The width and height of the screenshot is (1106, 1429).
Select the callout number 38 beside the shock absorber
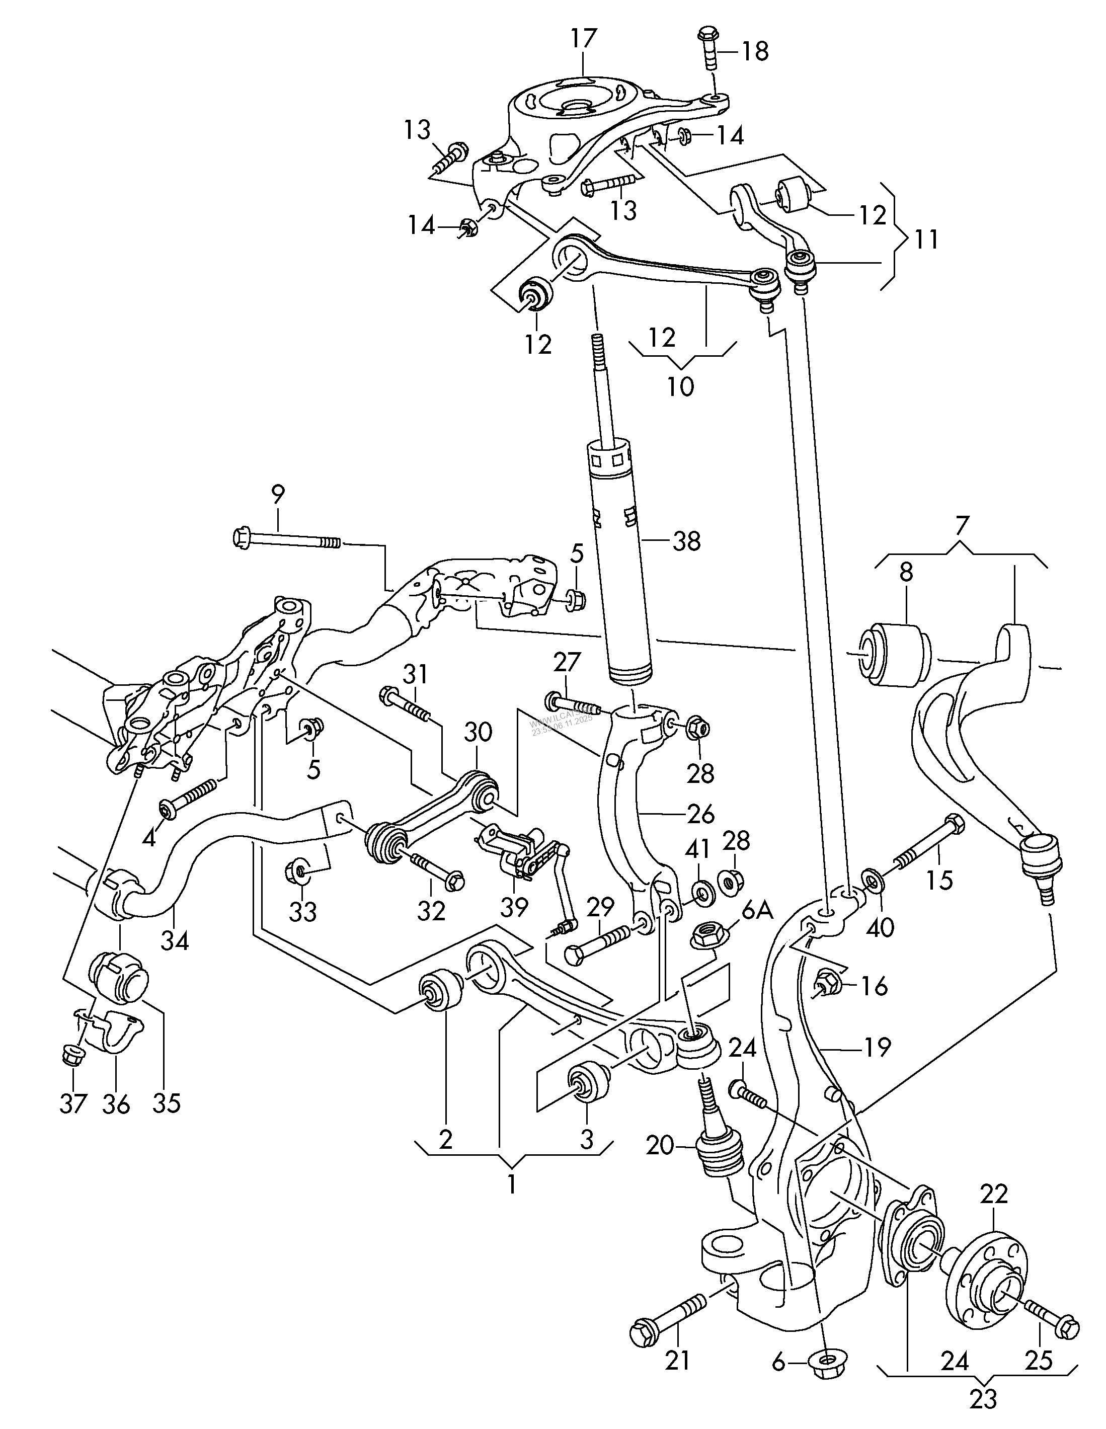click(x=686, y=541)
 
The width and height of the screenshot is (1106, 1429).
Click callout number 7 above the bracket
click(x=960, y=526)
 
